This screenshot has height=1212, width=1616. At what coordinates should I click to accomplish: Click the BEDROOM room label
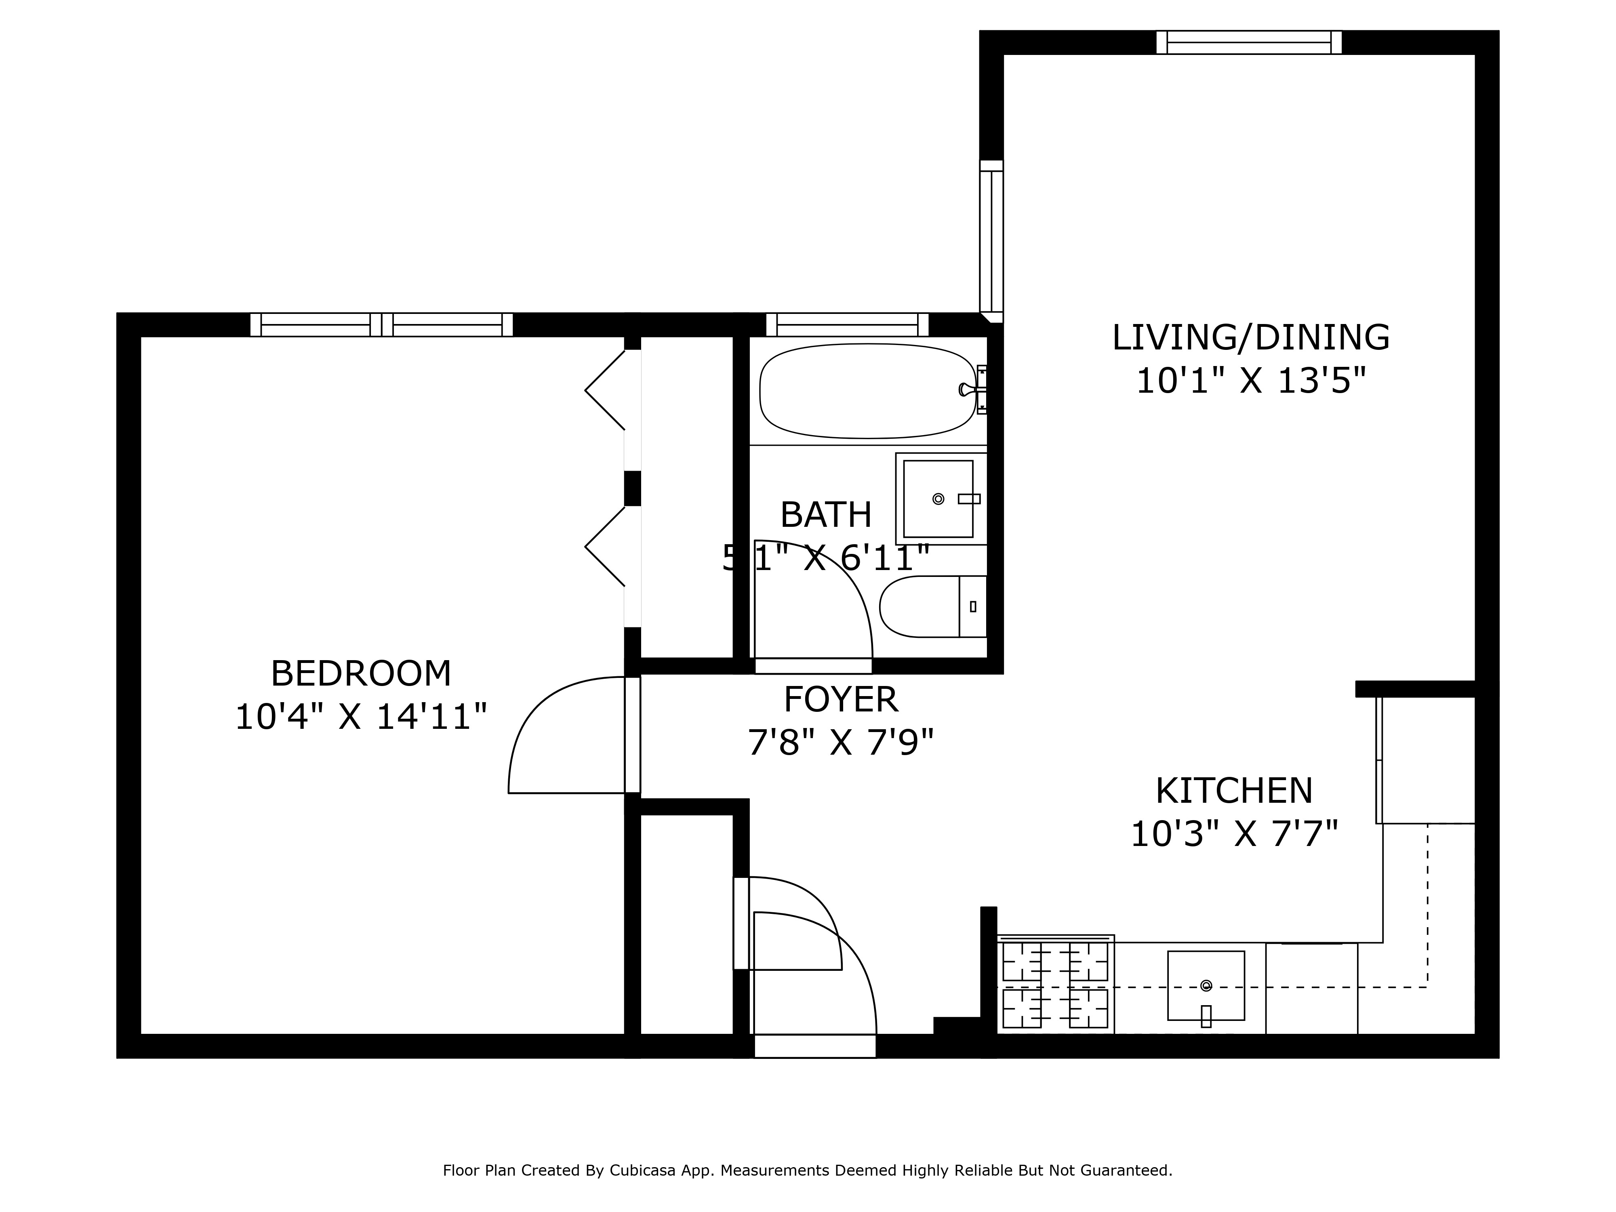(x=361, y=673)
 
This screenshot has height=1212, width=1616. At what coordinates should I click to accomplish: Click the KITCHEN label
(x=1234, y=791)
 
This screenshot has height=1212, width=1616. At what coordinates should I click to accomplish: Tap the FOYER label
(x=840, y=700)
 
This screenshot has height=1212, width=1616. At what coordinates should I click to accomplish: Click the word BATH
(x=825, y=515)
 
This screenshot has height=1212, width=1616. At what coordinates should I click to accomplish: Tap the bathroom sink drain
(x=938, y=499)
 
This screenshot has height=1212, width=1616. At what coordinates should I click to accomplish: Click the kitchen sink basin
(x=1206, y=985)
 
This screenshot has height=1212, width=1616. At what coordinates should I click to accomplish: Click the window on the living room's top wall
(x=1248, y=42)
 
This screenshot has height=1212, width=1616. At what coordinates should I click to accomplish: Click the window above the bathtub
(x=847, y=324)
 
